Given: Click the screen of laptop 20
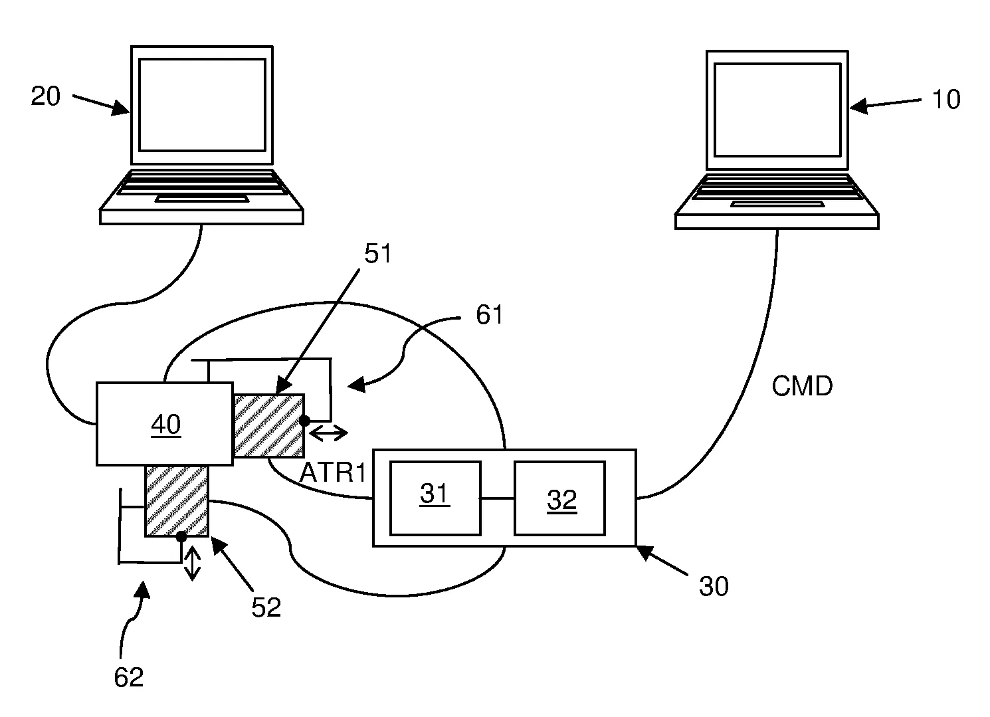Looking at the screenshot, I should pyautogui.click(x=202, y=105).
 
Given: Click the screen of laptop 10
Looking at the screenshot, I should pyautogui.click(x=777, y=110).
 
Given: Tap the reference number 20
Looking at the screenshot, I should pyautogui.click(x=46, y=97).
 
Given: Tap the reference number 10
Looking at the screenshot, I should pyautogui.click(x=945, y=100).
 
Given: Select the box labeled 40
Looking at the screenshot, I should pyautogui.click(x=165, y=423).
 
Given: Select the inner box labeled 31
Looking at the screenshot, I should pyautogui.click(x=435, y=498).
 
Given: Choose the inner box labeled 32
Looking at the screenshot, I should pyautogui.click(x=559, y=498).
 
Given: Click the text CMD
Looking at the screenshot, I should pyautogui.click(x=802, y=386).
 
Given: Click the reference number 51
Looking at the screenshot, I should pyautogui.click(x=378, y=255).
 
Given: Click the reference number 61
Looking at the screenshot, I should pyautogui.click(x=489, y=315).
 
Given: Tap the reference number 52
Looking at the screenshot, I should pyautogui.click(x=266, y=607).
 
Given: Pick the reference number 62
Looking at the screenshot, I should pyautogui.click(x=129, y=677).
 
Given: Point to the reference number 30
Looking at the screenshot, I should pyautogui.click(x=714, y=586).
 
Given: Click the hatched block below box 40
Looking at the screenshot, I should pyautogui.click(x=177, y=500).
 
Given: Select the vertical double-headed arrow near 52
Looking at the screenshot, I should pyautogui.click(x=192, y=563).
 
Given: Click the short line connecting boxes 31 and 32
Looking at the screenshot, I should pyautogui.click(x=497, y=498).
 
